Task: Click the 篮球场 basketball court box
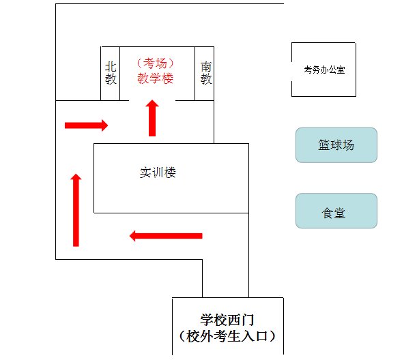point(336,145)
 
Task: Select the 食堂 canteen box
point(336,211)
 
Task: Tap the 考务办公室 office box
point(323,70)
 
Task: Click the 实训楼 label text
point(158,172)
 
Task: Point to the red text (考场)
point(156,63)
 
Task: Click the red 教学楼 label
point(156,78)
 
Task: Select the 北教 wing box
point(111,73)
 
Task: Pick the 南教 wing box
point(205,73)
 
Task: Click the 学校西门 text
point(227,319)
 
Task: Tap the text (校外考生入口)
point(227,335)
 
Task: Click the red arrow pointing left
point(166,236)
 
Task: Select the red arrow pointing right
point(86,125)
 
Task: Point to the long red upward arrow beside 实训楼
point(76,210)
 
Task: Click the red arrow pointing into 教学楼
point(152,117)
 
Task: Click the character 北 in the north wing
point(111,67)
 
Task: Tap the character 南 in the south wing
point(205,67)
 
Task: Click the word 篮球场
point(336,145)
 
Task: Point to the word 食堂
point(334,213)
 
